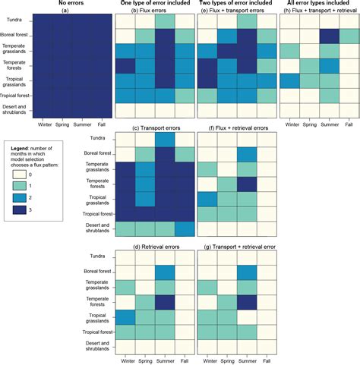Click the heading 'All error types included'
pos(318,4)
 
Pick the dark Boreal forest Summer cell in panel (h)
pos(329,36)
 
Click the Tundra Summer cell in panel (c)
pos(165,140)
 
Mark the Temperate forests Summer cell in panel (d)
pos(165,301)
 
